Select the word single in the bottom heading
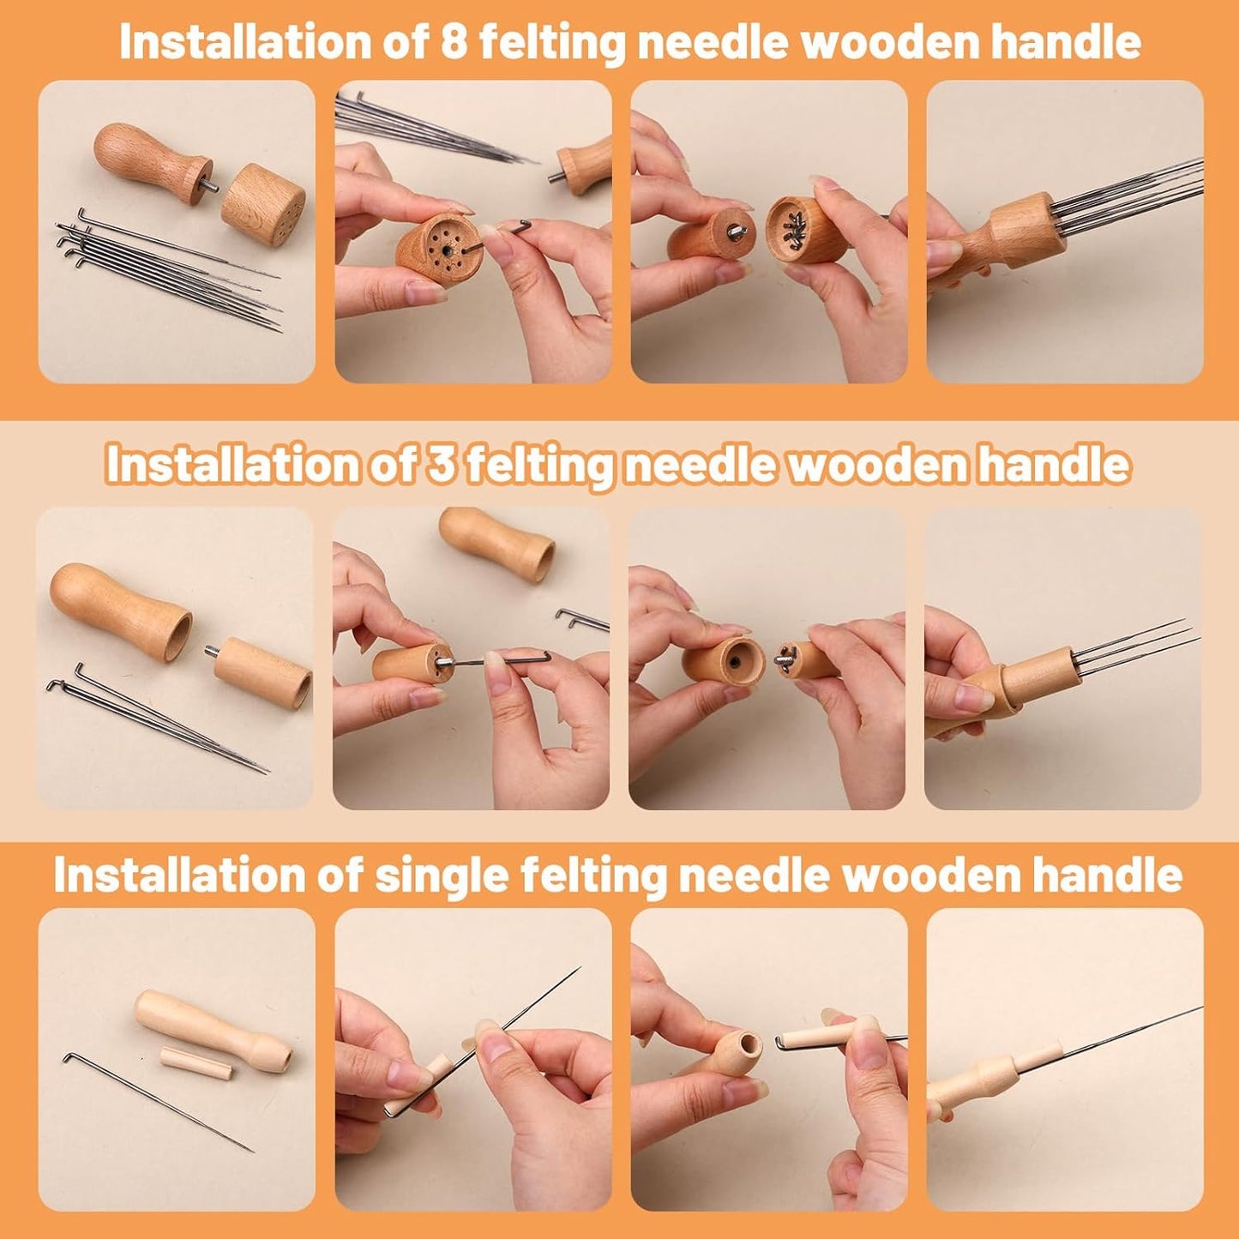[441, 875]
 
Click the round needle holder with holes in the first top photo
[263, 205]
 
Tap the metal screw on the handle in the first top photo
[208, 187]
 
